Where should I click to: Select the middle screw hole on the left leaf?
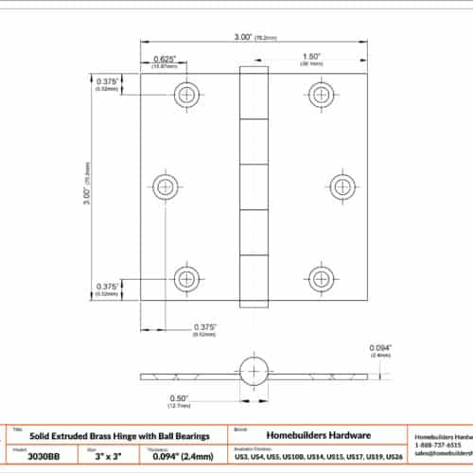click(166, 186)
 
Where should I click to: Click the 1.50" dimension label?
click(311, 57)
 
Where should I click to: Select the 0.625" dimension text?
click(167, 60)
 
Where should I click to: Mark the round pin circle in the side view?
click(254, 370)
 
